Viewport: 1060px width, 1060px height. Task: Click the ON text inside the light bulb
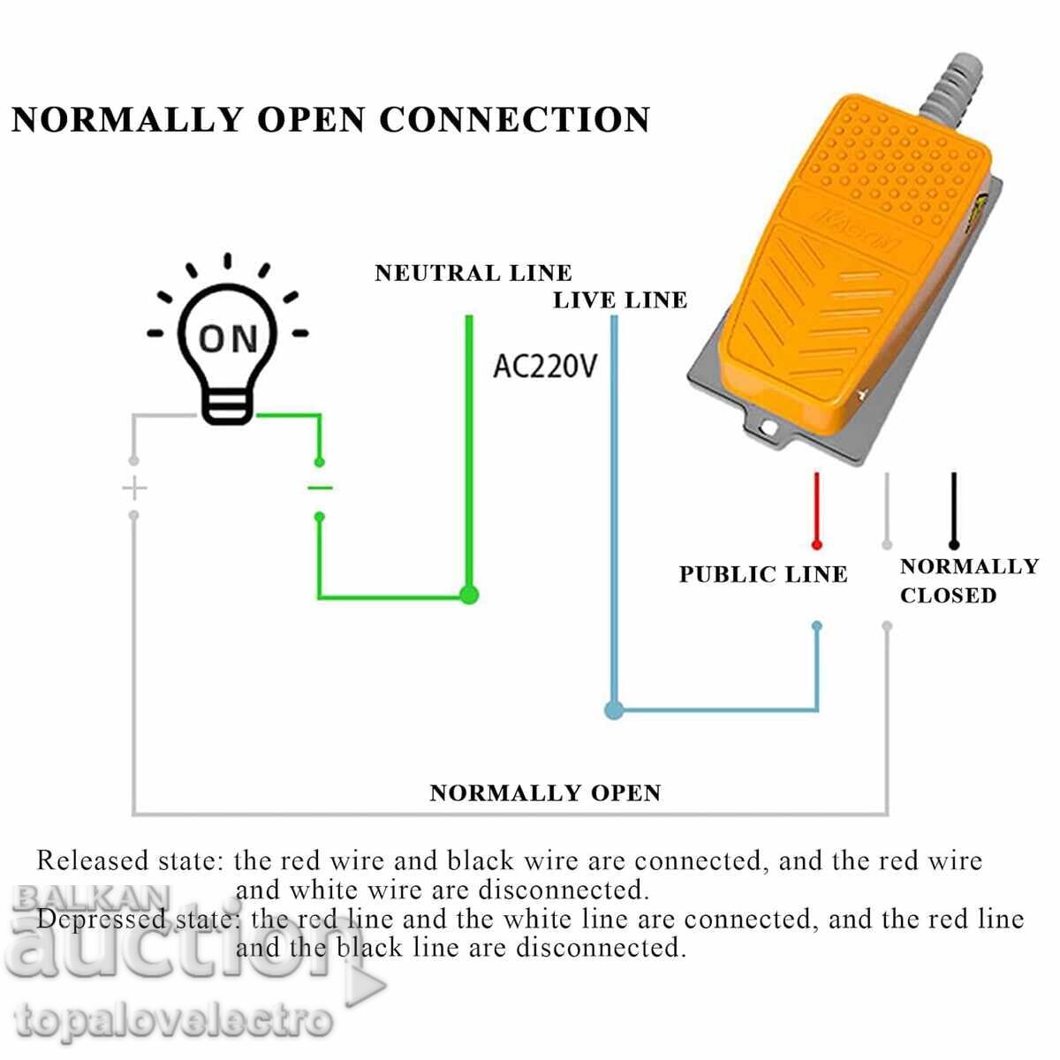[x=228, y=338]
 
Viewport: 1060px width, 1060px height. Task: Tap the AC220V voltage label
[x=545, y=365]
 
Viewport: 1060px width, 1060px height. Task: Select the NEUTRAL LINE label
[x=473, y=273]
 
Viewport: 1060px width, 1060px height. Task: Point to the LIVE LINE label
[x=620, y=300]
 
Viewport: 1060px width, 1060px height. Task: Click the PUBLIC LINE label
[x=763, y=574]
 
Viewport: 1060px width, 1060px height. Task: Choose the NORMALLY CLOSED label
[x=968, y=580]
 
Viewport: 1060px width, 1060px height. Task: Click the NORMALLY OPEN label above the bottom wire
[x=545, y=792]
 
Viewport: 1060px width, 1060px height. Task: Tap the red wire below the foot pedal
[x=817, y=508]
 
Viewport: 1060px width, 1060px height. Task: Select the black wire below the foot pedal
[x=954, y=508]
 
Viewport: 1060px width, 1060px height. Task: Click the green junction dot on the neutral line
[x=469, y=594]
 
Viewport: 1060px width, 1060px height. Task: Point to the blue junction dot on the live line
[x=614, y=709]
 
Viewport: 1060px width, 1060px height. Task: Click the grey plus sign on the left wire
[x=134, y=488]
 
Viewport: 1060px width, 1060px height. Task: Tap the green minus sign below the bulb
[x=320, y=488]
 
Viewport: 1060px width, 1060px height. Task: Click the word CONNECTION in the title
[x=515, y=120]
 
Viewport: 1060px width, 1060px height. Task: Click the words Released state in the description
[x=128, y=859]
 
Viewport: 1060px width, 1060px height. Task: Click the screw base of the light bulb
[x=228, y=407]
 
